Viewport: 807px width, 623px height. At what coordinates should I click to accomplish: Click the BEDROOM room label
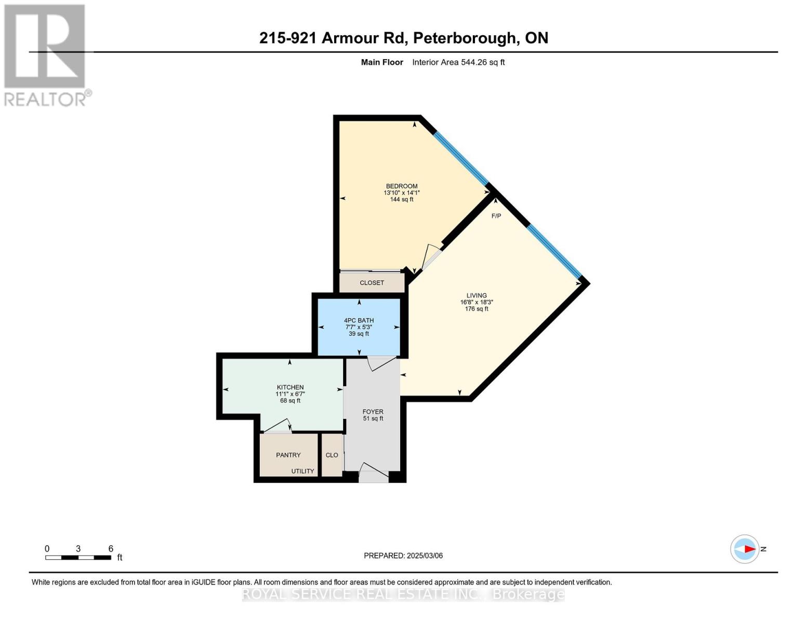click(x=401, y=186)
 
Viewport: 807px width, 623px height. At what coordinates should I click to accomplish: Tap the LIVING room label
click(x=476, y=295)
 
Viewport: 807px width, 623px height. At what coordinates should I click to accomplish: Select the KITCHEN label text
click(x=290, y=387)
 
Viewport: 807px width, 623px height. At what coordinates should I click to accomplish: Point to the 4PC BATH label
click(x=359, y=320)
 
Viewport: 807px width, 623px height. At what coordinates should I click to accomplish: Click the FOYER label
click(x=373, y=412)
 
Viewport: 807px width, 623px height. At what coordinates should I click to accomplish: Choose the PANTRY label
click(x=288, y=455)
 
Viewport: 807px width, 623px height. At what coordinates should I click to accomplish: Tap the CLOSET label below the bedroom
click(x=372, y=283)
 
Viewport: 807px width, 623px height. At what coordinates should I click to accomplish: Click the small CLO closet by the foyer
click(x=332, y=455)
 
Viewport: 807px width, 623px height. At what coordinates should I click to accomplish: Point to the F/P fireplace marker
click(x=496, y=216)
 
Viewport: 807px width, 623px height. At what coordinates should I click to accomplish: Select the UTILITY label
click(x=302, y=471)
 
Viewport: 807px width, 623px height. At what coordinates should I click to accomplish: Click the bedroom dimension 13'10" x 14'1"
click(x=401, y=193)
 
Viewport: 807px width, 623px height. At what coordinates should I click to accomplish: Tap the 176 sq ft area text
click(x=476, y=309)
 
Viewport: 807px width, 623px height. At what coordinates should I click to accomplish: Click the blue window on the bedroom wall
click(x=461, y=158)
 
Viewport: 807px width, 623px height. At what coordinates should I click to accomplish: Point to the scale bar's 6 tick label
click(x=111, y=549)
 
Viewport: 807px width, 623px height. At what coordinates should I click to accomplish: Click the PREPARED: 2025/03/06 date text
click(x=403, y=556)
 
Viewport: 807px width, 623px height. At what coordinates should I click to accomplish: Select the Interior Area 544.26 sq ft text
click(x=458, y=62)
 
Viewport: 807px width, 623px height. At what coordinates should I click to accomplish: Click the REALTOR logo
click(x=46, y=55)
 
